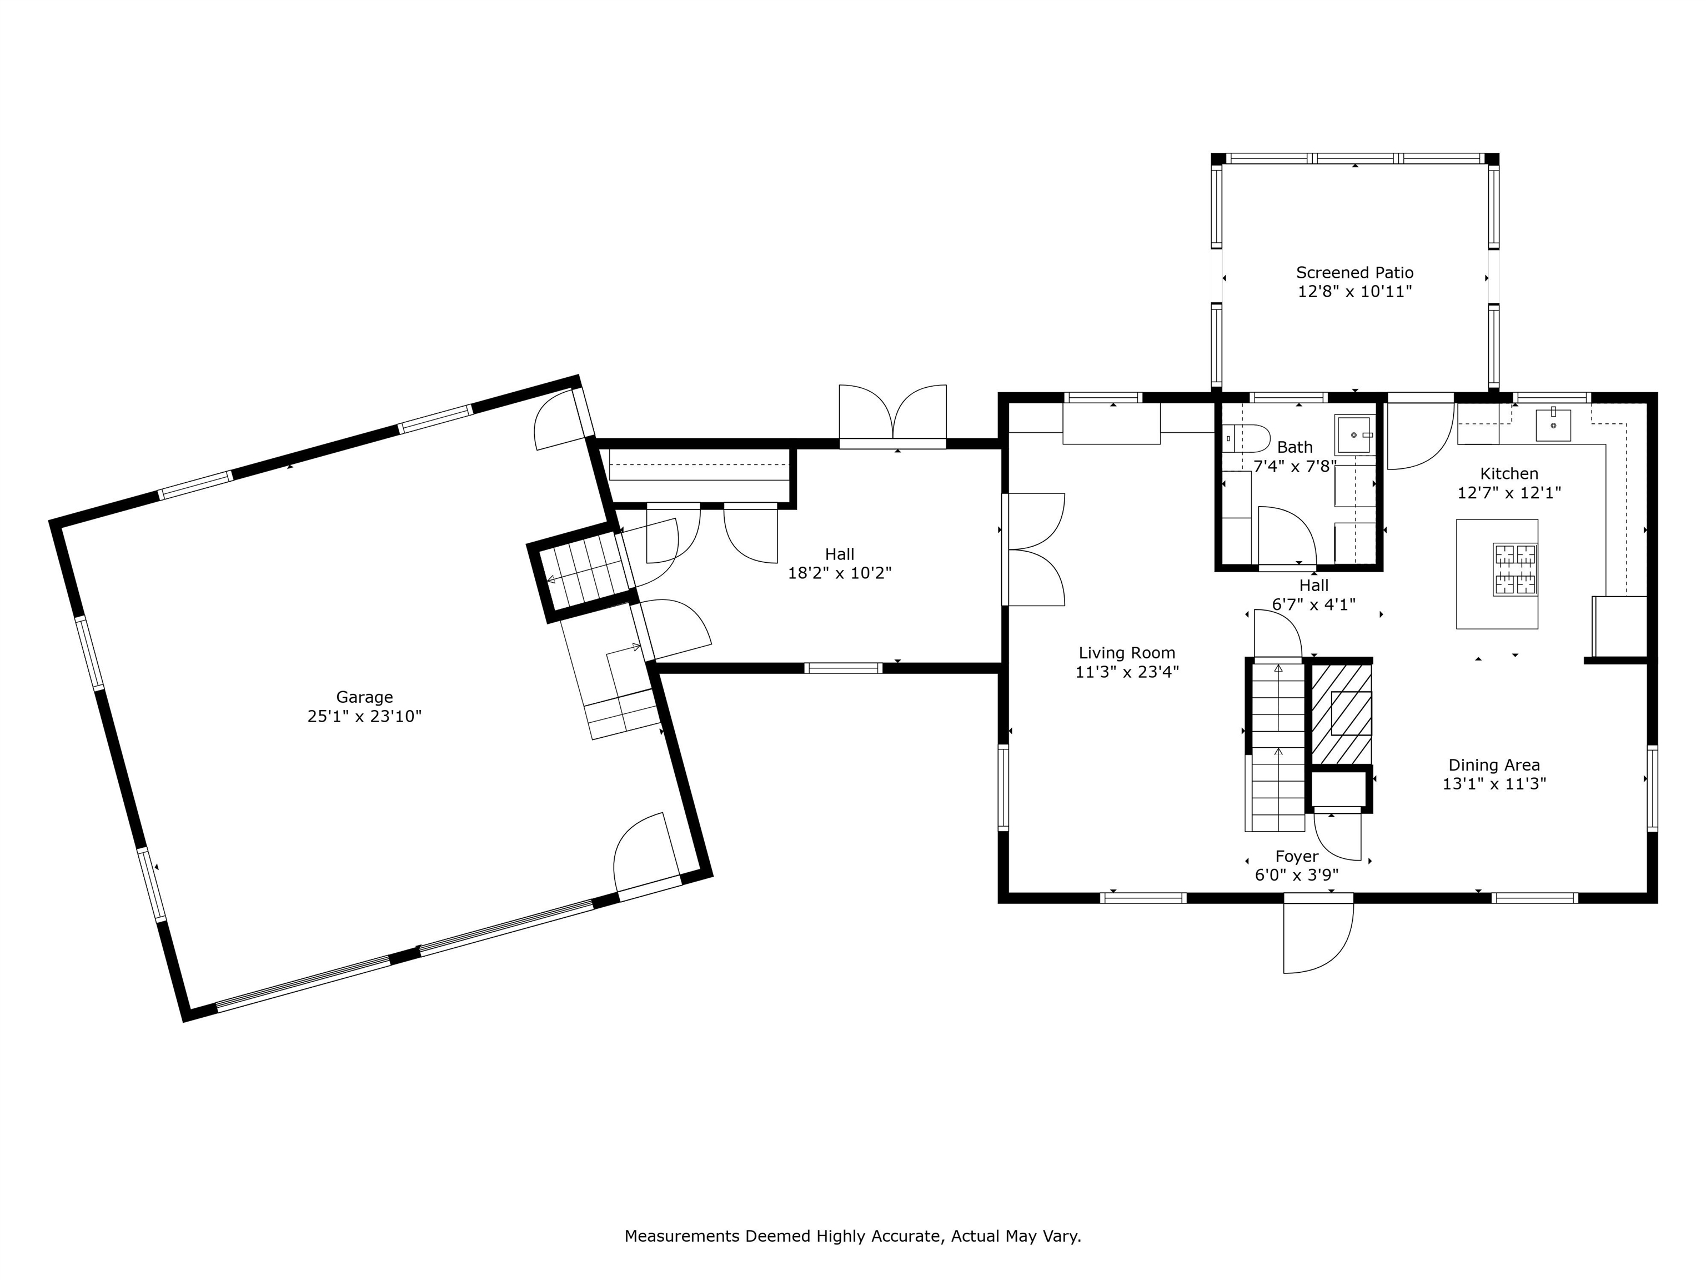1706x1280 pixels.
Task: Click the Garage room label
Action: (x=364, y=697)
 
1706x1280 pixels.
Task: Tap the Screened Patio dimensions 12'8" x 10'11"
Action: (x=1354, y=292)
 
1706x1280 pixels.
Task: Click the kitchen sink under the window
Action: (x=1553, y=425)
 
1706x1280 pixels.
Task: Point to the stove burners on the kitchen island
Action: (x=1516, y=569)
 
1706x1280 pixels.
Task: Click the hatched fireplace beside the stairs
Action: (x=1342, y=714)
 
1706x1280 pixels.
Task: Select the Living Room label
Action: (x=1126, y=653)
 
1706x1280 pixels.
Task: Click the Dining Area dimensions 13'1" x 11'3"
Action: (x=1494, y=784)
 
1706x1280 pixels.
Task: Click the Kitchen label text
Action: (x=1508, y=474)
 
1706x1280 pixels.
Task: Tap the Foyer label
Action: (x=1297, y=857)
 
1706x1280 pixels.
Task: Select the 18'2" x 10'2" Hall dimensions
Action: (x=839, y=573)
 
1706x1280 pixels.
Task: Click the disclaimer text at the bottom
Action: (x=852, y=1236)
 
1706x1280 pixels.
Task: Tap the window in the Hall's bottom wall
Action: (x=843, y=668)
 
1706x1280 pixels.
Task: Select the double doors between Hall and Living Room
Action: (x=1033, y=549)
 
